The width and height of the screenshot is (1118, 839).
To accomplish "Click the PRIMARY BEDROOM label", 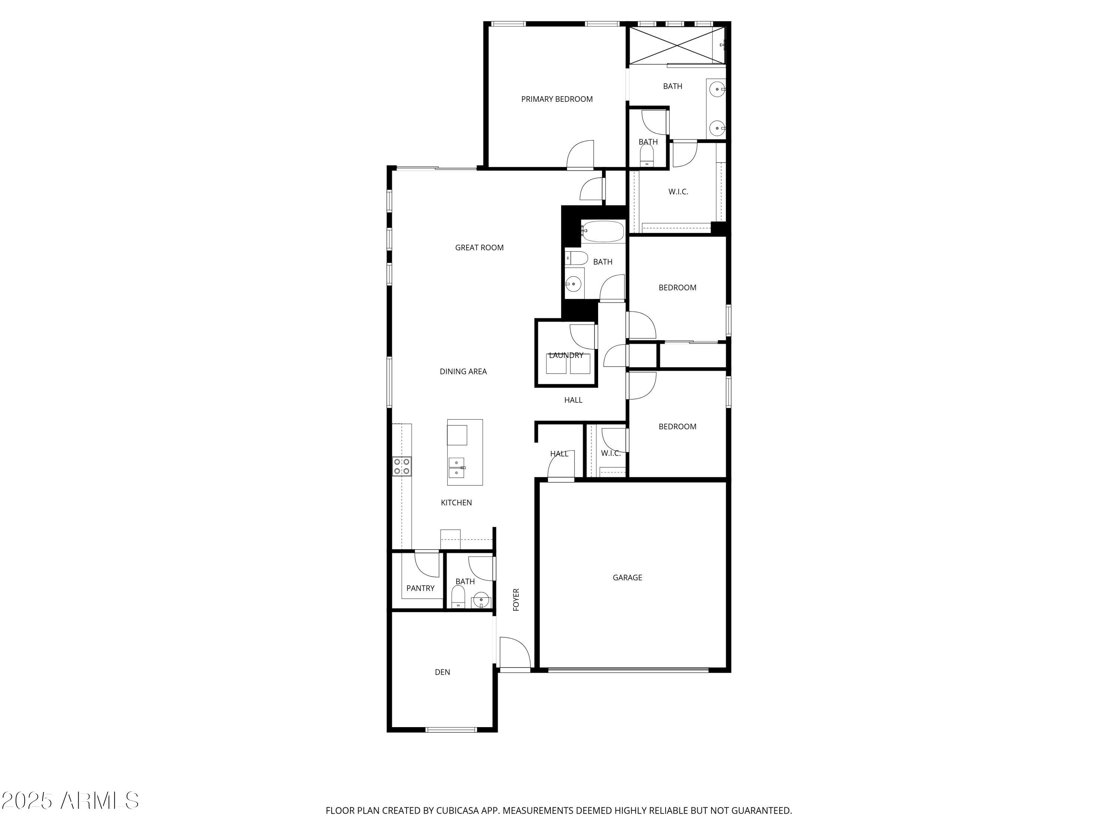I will point(556,99).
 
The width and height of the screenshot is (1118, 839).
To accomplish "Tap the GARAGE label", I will point(627,578).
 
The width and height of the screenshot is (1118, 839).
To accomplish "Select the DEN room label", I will point(442,672).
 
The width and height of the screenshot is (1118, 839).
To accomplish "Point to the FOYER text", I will point(516,599).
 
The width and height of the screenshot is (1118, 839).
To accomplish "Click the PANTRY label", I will point(420,588).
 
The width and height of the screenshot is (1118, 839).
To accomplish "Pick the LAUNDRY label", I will point(566,355).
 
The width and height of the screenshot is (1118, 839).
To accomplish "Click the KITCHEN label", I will point(457,503).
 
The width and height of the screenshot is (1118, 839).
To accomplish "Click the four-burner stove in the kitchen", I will point(402,466).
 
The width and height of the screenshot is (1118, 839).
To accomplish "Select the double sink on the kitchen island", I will point(457,468).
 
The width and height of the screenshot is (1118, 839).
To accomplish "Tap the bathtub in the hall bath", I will point(603,232).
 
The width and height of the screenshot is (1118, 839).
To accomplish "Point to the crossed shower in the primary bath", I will point(676,45).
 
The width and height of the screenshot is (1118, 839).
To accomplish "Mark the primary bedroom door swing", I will point(581,155).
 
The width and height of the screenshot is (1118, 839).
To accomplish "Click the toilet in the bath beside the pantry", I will point(458,596).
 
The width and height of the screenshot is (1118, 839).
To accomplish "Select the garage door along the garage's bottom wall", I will point(628,670).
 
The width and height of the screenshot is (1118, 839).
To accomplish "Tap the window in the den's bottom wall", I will point(451,730).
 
